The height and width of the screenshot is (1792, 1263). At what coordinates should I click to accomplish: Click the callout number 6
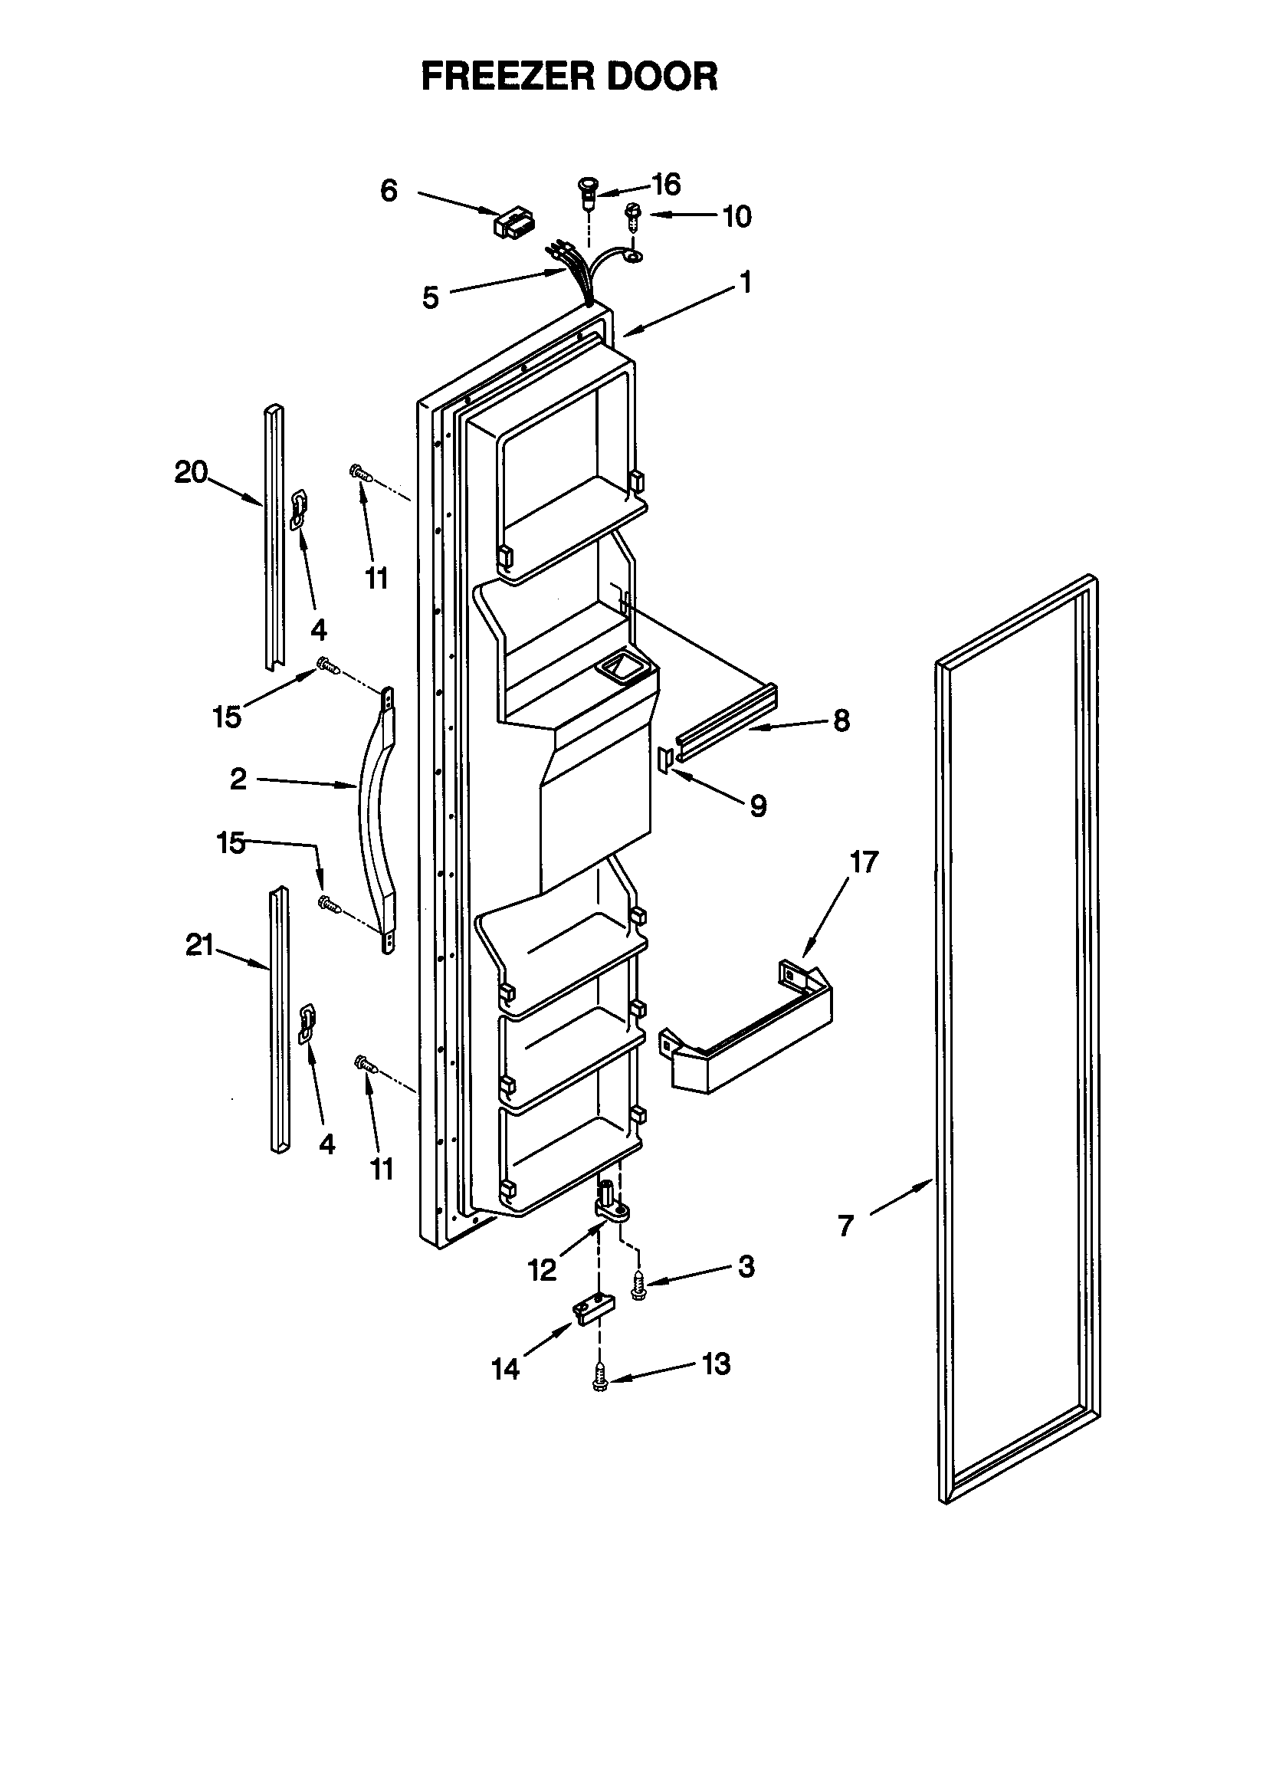point(389,190)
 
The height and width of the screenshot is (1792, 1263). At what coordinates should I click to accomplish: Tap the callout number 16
point(666,185)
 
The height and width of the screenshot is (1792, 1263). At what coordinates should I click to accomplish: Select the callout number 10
point(736,216)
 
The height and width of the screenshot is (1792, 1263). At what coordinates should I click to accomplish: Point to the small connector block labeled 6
point(513,222)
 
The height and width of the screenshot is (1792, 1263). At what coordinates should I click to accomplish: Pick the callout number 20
point(191,472)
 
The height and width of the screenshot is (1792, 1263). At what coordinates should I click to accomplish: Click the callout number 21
point(199,946)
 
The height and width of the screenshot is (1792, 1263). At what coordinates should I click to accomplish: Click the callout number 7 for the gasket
point(846,1226)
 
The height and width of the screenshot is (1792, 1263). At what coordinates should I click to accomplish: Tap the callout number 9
point(758,806)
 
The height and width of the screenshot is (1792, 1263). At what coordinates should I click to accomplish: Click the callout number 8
point(841,720)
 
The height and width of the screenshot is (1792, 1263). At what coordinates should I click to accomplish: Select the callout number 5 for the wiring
point(431,297)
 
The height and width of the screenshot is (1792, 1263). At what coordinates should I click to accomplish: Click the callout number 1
point(746,282)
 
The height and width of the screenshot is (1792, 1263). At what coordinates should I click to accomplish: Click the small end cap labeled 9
point(665,757)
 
